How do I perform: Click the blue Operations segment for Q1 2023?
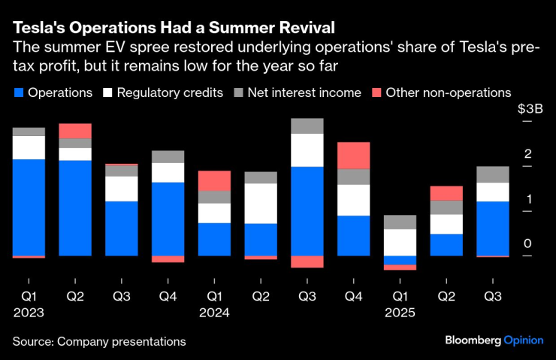click(x=29, y=207)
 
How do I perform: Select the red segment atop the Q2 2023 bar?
click(x=75, y=131)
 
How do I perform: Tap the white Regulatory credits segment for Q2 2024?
click(x=261, y=204)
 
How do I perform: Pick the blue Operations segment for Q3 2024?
click(x=307, y=211)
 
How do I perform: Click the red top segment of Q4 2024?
click(x=353, y=156)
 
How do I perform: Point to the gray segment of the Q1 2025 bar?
click(x=400, y=222)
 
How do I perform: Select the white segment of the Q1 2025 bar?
click(x=400, y=242)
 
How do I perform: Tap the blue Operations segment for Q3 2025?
click(x=493, y=228)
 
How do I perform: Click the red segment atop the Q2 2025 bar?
click(x=446, y=193)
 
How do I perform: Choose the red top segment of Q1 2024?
click(x=214, y=180)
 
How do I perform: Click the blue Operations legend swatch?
click(x=18, y=93)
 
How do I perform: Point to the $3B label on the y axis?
click(x=531, y=109)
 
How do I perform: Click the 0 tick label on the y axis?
click(x=528, y=244)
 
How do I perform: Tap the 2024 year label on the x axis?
click(x=214, y=312)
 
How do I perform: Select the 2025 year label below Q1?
click(x=400, y=312)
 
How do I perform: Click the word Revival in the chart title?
click(x=301, y=27)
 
